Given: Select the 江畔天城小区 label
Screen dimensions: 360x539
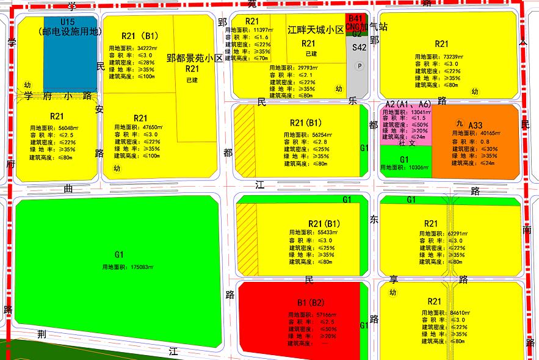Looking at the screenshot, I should (x=316, y=29).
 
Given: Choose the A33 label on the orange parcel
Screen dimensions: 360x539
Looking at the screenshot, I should (x=476, y=125).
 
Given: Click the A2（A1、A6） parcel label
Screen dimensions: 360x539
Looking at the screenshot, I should (x=408, y=104).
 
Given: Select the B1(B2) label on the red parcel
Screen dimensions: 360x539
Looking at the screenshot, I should (x=311, y=302).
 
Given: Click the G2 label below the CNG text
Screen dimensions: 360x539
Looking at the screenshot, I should (x=356, y=34).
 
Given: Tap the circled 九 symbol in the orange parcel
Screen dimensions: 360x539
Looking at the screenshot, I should (x=459, y=123).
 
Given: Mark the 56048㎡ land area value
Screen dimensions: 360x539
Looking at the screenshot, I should (x=67, y=128).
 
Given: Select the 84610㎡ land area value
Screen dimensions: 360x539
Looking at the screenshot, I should (x=454, y=312).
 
